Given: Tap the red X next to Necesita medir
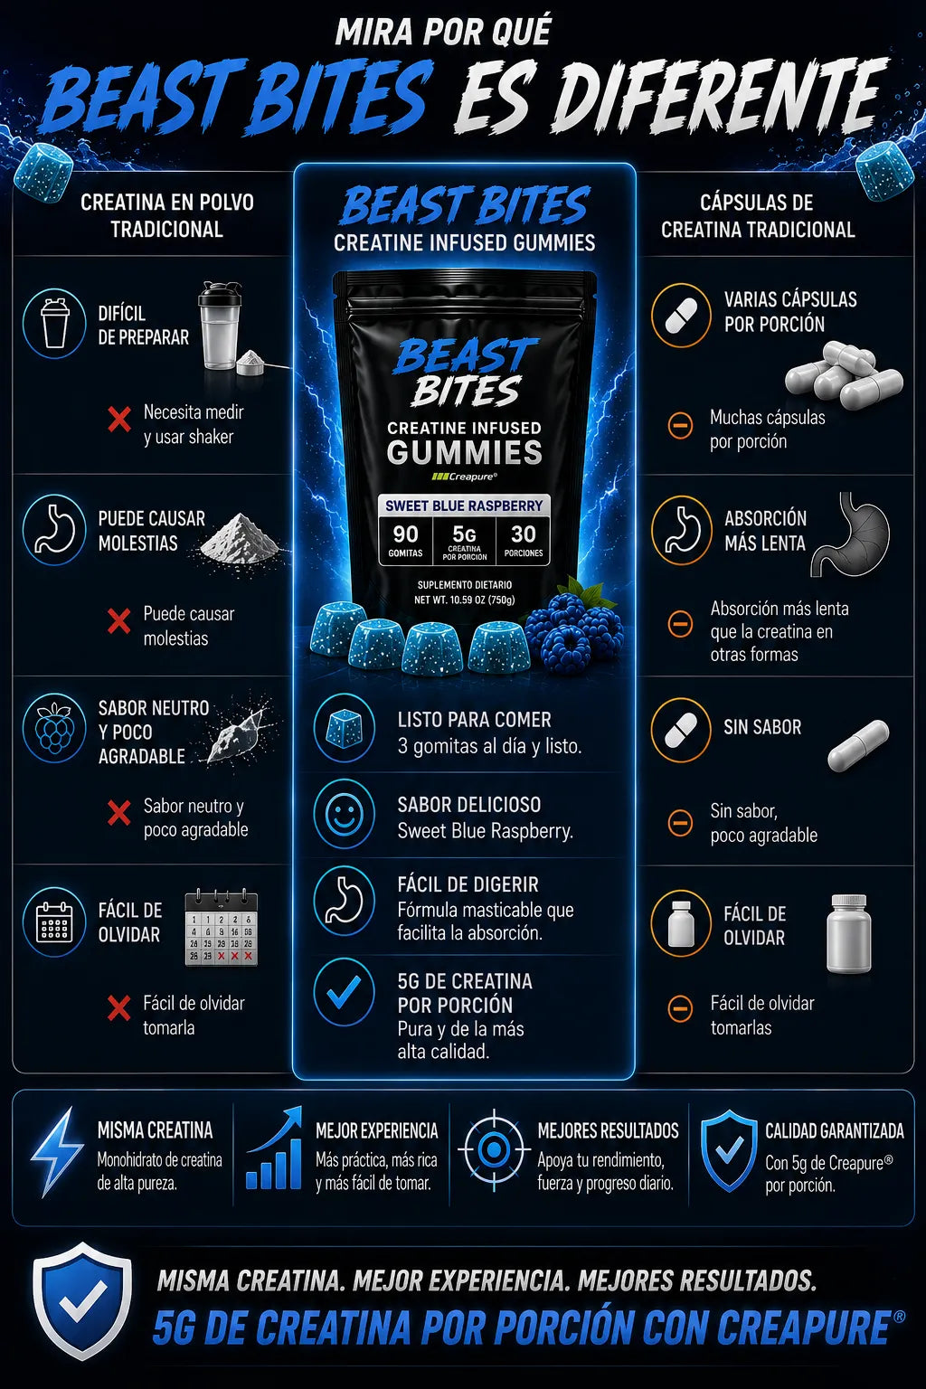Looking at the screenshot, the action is [119, 420].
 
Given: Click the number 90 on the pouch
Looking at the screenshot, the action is [406, 534].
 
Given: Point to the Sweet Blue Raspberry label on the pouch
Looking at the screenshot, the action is [464, 506].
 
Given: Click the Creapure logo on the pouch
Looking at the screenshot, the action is [464, 477].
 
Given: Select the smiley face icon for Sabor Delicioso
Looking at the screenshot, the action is [345, 813].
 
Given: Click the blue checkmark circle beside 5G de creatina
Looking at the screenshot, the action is [345, 991].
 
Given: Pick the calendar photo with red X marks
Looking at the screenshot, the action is [222, 928].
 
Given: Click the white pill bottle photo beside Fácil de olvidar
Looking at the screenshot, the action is [849, 933].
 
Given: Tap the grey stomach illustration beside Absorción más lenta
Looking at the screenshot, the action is [851, 534].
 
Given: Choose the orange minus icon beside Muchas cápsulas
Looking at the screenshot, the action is [680, 425].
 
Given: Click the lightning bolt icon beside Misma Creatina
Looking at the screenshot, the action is [57, 1151].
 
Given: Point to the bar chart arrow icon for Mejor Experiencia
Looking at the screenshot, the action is [273, 1148].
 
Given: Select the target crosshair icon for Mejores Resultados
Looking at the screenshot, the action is [494, 1150].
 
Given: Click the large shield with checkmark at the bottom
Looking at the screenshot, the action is [81, 1301].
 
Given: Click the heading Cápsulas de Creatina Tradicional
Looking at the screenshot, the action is [757, 216].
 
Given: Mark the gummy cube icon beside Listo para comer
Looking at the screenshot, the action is [345, 727].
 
